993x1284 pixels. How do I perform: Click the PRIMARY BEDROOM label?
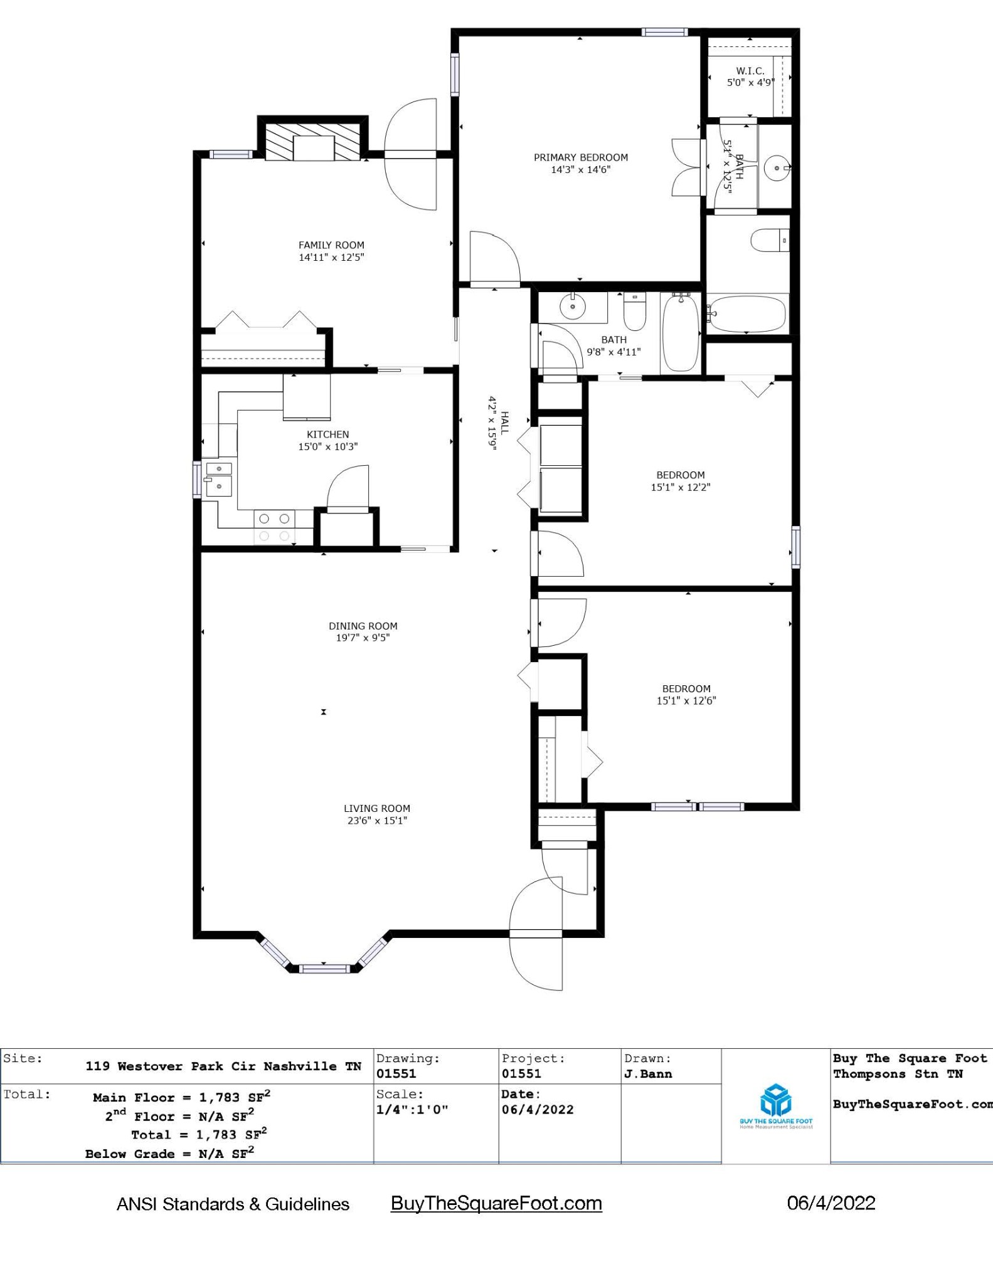click(x=581, y=157)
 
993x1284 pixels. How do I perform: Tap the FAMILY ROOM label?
click(x=331, y=245)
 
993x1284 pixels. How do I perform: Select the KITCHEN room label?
click(x=328, y=434)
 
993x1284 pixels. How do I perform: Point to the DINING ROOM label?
click(x=363, y=626)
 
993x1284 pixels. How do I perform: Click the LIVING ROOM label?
click(x=377, y=809)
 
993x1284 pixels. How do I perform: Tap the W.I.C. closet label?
click(x=750, y=71)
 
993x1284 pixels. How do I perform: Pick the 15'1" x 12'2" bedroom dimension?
click(x=681, y=487)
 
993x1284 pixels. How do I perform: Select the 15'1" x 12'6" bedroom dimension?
click(x=686, y=701)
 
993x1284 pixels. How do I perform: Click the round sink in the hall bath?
click(x=573, y=307)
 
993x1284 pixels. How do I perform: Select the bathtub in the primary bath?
click(x=746, y=314)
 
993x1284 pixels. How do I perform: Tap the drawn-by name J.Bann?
click(x=648, y=1074)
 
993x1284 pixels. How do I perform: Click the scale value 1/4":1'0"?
click(x=412, y=1109)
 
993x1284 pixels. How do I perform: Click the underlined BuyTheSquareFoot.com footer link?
click(x=496, y=1203)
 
